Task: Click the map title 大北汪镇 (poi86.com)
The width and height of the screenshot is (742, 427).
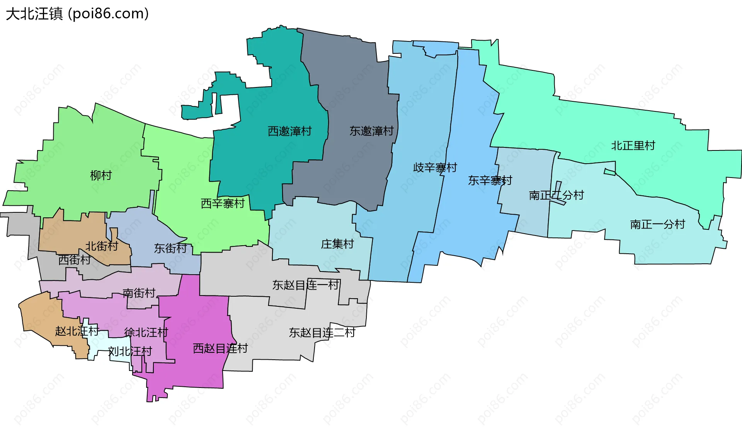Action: click(x=77, y=14)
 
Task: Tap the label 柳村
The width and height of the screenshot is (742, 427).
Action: click(x=101, y=176)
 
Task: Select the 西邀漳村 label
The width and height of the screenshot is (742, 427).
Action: click(x=289, y=132)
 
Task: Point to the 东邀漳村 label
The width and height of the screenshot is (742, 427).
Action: click(x=371, y=131)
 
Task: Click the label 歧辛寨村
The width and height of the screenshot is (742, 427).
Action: click(x=435, y=168)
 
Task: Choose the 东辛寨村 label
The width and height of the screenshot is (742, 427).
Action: click(x=490, y=181)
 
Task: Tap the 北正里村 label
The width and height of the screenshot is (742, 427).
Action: click(x=633, y=146)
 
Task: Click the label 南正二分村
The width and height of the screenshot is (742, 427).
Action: click(x=556, y=195)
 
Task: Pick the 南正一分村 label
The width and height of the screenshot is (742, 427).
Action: click(x=657, y=224)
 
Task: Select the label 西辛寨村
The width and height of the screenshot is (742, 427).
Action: click(x=223, y=203)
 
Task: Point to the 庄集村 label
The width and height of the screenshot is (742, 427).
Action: click(x=337, y=244)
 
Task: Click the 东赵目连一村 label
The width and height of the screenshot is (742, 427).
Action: click(x=306, y=285)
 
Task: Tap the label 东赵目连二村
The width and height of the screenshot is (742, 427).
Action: click(x=322, y=333)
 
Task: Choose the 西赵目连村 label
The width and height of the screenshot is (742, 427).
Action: click(x=220, y=348)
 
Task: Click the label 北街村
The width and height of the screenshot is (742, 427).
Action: click(x=102, y=246)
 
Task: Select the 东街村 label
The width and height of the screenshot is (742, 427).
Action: click(x=170, y=248)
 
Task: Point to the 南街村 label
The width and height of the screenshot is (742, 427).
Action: click(x=139, y=293)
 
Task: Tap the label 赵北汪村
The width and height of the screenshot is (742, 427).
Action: click(x=77, y=331)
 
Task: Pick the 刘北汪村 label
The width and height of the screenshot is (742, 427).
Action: click(x=130, y=352)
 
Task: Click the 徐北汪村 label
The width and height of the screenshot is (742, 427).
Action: click(x=146, y=332)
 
